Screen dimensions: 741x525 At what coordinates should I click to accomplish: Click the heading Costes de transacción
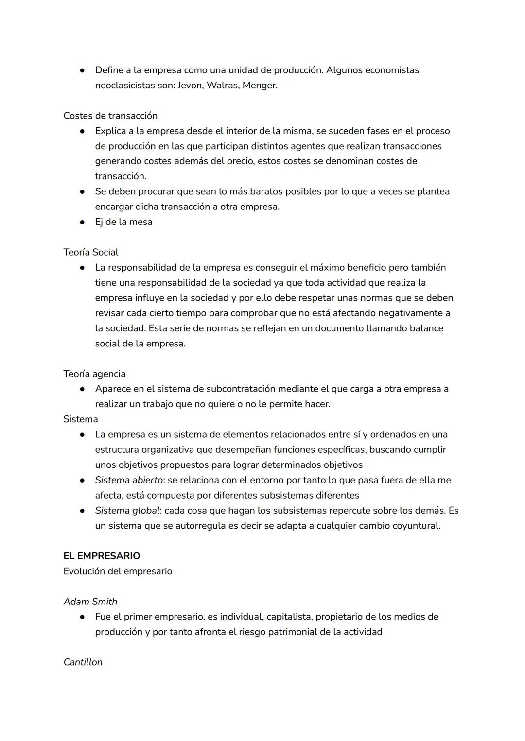(x=110, y=116)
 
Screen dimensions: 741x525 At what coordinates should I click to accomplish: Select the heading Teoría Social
(x=91, y=252)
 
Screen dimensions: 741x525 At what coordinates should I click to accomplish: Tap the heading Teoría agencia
(x=94, y=374)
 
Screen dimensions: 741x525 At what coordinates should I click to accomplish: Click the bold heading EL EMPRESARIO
(x=102, y=556)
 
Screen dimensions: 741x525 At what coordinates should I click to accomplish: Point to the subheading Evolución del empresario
(x=118, y=571)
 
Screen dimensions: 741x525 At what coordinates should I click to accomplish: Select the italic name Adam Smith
(x=90, y=602)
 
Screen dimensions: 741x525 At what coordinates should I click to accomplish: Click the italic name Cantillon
(x=83, y=662)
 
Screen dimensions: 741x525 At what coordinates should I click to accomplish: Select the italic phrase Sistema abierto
(x=128, y=480)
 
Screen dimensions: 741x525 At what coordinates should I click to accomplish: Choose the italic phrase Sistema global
(x=126, y=511)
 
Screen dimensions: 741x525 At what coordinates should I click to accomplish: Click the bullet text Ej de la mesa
(x=123, y=222)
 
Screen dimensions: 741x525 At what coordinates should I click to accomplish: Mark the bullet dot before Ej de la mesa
(x=83, y=222)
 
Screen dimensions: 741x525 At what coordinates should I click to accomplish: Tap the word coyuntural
(x=416, y=526)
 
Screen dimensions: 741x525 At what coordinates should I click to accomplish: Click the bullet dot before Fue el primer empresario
(x=83, y=617)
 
